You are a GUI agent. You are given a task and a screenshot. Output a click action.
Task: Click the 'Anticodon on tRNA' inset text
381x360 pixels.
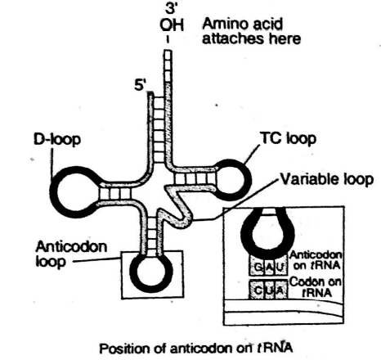[320, 263]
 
